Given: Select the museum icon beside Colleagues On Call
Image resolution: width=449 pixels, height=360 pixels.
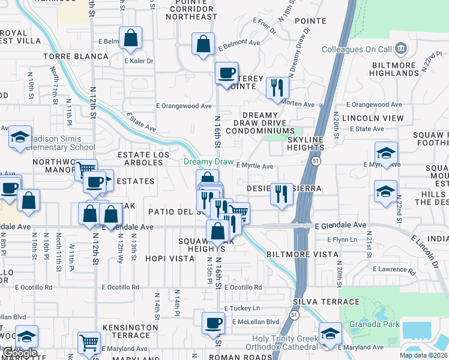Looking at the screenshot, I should tap(402, 48).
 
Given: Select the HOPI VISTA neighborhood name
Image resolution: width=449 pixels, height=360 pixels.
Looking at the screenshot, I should tap(170, 259).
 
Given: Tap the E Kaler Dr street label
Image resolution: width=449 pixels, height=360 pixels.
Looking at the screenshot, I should tap(139, 61).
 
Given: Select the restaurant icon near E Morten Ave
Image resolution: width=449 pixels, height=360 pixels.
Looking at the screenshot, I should tap(277, 88).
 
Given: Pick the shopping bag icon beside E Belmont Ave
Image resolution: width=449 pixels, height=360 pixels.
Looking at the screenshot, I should tap(203, 43).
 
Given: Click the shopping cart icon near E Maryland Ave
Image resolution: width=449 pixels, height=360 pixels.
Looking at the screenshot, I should tap(89, 343).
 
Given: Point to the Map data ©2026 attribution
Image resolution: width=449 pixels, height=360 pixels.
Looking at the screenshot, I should tap(424, 355).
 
